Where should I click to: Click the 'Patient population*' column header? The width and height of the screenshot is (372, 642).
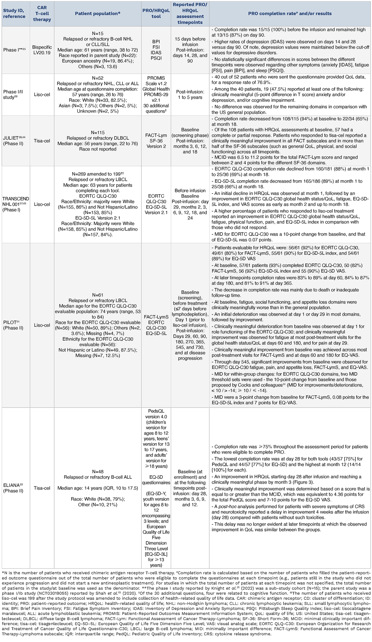pyautogui.click(x=97, y=13)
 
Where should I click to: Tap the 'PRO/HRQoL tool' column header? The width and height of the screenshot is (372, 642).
pyautogui.click(x=156, y=13)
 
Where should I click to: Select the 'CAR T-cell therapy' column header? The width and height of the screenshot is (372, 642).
pyautogui.click(x=42, y=13)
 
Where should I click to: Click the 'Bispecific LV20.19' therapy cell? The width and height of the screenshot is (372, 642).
pyautogui.click(x=42, y=50)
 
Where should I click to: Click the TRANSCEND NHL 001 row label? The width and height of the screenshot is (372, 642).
pyautogui.click(x=16, y=204)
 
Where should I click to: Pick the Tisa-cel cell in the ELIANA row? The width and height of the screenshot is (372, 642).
pyautogui.click(x=42, y=488)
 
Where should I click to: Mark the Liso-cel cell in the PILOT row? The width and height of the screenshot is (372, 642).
pyautogui.click(x=42, y=325)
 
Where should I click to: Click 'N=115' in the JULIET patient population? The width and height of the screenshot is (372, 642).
pyautogui.click(x=98, y=132)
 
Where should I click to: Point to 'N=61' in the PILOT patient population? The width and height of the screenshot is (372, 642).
pyautogui.click(x=98, y=295)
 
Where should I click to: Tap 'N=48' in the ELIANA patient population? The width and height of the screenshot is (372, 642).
pyautogui.click(x=98, y=471)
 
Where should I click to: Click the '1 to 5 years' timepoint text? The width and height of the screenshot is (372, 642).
pyautogui.click(x=190, y=97)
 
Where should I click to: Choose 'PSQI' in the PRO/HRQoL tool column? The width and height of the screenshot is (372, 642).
pyautogui.click(x=156, y=58)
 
